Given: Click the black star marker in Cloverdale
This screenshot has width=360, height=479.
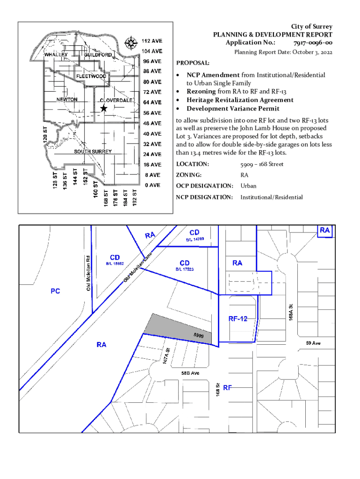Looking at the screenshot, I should tap(104, 109).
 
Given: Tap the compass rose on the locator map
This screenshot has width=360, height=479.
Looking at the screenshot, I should tap(131, 42).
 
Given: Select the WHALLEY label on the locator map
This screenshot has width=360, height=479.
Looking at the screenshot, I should tap(56, 55).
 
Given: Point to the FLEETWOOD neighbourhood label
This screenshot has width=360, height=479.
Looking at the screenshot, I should tap(92, 76).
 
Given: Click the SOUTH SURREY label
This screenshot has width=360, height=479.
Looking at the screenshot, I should tap(93, 152).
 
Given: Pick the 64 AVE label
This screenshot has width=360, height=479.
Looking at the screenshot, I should tap(152, 102).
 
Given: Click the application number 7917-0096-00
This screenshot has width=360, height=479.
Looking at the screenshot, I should tap(313, 43).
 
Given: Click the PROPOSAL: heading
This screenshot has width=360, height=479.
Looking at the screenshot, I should tap(193, 63).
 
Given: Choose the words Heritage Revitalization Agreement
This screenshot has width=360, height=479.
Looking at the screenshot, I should tap(240, 100).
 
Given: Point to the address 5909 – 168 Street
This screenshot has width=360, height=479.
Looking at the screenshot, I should tap(262, 164).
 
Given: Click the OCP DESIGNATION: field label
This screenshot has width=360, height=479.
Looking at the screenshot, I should tap(204, 186).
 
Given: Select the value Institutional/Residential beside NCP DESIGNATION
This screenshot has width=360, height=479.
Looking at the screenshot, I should tap(271, 197).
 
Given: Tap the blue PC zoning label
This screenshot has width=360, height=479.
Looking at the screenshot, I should tap(56, 291).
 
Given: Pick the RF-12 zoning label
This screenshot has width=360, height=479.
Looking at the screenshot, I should tap(238, 319).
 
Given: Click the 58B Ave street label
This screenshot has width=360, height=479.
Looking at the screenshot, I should tap(190, 373).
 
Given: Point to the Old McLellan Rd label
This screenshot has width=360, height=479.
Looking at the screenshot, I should tap(88, 273).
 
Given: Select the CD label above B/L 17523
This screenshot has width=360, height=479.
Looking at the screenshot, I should tap(185, 262).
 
